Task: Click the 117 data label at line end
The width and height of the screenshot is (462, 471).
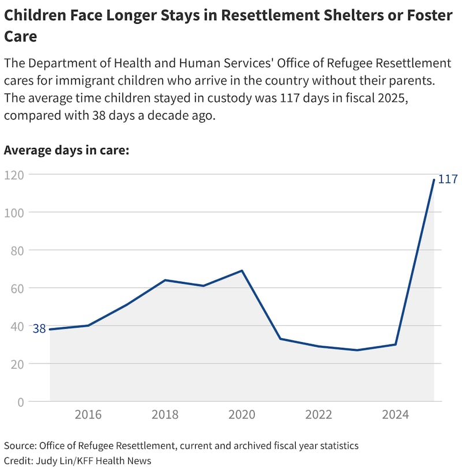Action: coord(448,179)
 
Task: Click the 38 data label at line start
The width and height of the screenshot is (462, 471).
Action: coord(39,329)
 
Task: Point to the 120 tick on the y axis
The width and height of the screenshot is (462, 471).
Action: coord(14,175)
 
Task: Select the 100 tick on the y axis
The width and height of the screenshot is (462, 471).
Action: coord(14,213)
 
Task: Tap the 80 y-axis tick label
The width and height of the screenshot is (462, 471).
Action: coord(17,250)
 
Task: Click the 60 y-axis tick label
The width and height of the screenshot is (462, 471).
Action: coord(17,288)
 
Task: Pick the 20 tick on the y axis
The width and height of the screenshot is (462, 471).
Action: coord(17,364)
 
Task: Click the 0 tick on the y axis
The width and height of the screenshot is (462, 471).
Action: coord(21,402)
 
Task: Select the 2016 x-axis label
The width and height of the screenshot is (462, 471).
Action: coord(88,415)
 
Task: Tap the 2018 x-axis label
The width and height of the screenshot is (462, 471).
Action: coord(165,415)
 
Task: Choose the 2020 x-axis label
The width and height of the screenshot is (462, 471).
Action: coord(242,415)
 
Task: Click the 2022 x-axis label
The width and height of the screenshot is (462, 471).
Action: coord(319,415)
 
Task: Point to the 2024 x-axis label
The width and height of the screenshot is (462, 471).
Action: coord(396,415)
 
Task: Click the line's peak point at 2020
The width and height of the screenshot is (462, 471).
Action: coord(242,270)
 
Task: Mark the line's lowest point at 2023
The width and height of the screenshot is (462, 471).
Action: coord(357,350)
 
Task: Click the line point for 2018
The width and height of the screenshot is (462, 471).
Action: coord(165,280)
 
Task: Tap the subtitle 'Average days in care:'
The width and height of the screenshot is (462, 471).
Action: coord(66,150)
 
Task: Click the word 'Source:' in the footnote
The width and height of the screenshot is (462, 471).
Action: coord(20,446)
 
